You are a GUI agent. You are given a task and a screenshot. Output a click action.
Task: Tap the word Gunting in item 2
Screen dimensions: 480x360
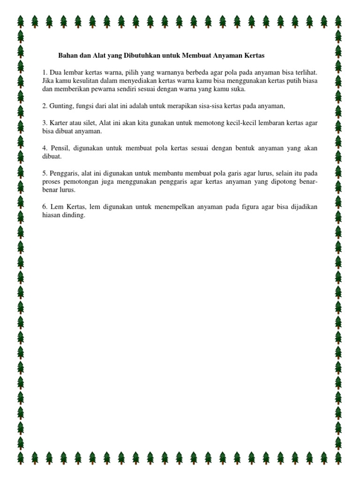(x=60, y=106)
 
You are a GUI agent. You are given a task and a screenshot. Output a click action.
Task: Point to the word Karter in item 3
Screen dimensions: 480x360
(x=59, y=123)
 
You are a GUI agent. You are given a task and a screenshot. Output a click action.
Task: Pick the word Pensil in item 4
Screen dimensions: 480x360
(x=59, y=148)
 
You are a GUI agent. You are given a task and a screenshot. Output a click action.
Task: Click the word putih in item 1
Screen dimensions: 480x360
(x=286, y=81)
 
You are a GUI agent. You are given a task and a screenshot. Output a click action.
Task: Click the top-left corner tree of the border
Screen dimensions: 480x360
(x=21, y=22)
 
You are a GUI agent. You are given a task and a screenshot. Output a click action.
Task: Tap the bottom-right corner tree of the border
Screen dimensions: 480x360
(x=338, y=457)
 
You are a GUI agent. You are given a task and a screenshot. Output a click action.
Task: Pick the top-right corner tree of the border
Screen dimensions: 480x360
(x=338, y=22)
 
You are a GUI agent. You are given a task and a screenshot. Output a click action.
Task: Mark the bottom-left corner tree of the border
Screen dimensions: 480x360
(x=21, y=457)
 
